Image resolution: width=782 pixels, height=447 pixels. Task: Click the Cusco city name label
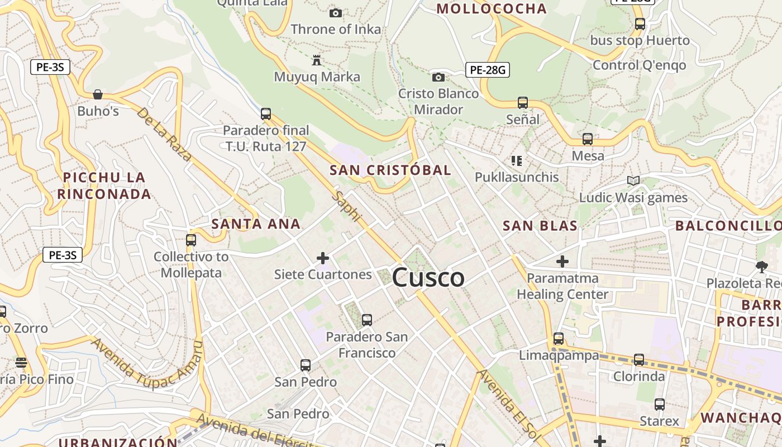click(428, 278)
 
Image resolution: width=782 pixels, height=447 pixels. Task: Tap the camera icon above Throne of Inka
click(336, 13)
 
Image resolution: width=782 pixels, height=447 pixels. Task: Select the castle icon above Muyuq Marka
click(317, 60)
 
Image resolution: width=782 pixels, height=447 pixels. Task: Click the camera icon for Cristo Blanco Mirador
click(438, 77)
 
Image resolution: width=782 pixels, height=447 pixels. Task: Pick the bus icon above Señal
click(523, 103)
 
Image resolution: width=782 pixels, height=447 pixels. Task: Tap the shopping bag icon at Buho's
click(98, 94)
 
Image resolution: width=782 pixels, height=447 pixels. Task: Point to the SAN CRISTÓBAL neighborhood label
click(390, 170)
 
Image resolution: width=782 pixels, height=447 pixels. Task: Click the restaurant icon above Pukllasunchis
click(517, 161)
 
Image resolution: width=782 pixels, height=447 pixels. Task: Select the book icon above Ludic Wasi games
click(633, 181)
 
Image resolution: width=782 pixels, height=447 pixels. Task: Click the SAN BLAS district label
click(540, 226)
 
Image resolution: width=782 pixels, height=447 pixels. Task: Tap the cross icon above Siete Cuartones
click(323, 258)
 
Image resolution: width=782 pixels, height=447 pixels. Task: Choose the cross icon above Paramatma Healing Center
click(562, 261)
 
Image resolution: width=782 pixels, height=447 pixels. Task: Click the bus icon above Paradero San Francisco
click(367, 320)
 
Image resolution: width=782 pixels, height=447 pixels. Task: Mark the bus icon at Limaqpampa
click(559, 339)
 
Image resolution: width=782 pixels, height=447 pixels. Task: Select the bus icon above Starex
click(660, 405)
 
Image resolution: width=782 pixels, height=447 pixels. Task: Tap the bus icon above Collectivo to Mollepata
click(191, 240)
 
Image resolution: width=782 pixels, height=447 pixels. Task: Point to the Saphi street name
click(347, 206)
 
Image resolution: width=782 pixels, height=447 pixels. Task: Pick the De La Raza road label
click(164, 134)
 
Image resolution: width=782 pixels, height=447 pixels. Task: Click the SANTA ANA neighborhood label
click(256, 225)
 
